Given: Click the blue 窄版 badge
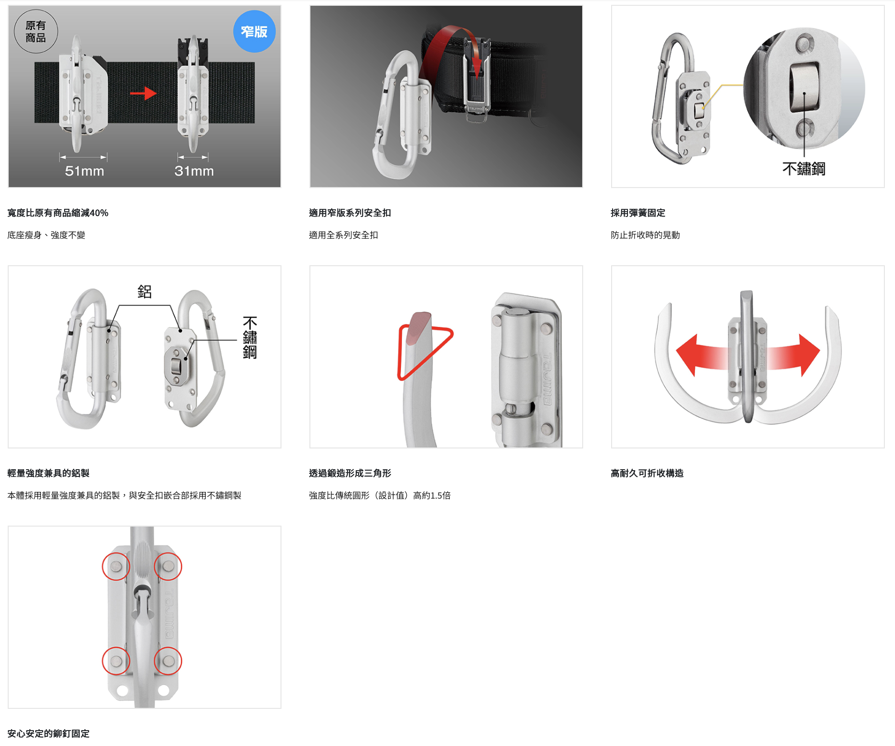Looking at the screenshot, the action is tap(254, 31).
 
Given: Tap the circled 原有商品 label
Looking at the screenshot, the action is tap(36, 31).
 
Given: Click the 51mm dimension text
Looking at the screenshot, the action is tap(84, 171).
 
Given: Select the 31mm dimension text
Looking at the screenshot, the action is tap(194, 171).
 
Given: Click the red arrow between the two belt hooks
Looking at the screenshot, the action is tap(143, 93).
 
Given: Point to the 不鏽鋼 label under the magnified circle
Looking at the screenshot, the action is tap(804, 169).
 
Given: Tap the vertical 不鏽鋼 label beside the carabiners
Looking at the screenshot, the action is tap(250, 338).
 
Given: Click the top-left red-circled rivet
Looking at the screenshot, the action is tap(116, 566).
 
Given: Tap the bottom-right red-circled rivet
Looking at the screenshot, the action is tap(168, 661).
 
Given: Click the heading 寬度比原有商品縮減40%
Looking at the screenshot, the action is tap(58, 213).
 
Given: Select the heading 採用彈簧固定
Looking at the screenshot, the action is tap(638, 213).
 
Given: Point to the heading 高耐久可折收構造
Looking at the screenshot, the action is tap(647, 473).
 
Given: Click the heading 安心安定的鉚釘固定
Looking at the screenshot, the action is tap(49, 733).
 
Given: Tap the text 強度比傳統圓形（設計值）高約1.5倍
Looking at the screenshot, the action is tap(380, 495).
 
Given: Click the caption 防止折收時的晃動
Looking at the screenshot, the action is tap(645, 235).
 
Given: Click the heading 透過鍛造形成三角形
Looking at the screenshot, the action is tap(350, 473).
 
